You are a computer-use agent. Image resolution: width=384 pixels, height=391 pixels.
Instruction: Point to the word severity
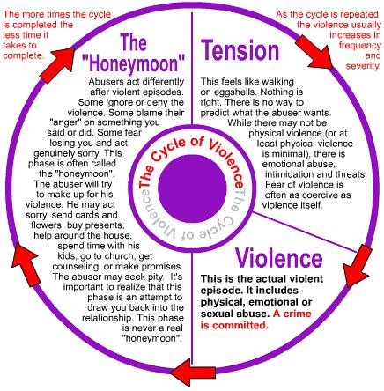(353, 65)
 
